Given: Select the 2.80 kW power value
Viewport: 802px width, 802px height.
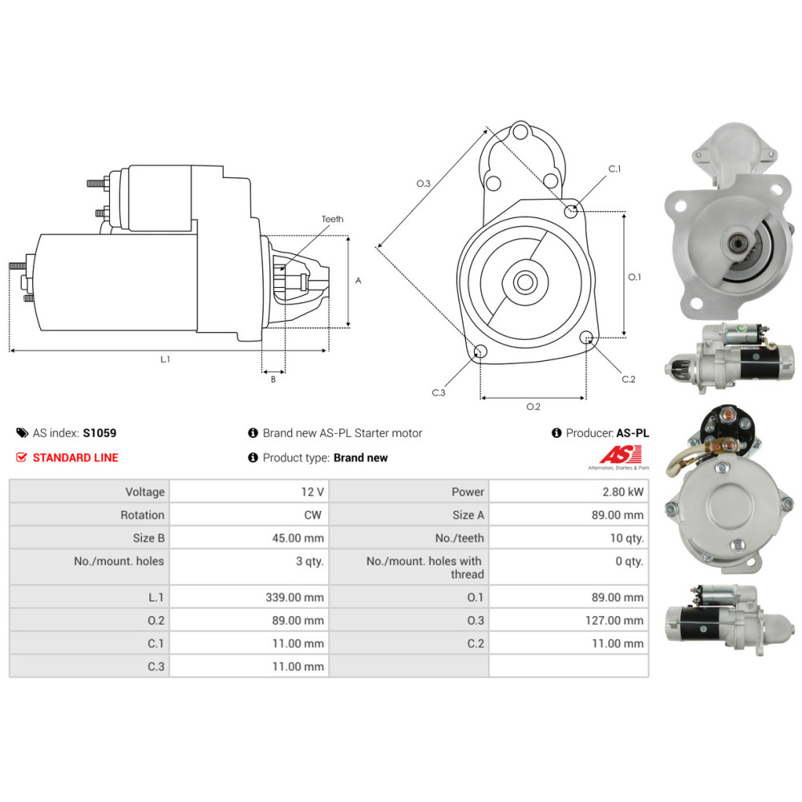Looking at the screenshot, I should (626, 492).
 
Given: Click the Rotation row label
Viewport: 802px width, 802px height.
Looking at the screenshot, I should (142, 515).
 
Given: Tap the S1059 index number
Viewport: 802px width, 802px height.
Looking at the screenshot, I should (99, 433).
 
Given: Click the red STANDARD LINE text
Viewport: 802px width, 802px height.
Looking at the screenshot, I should (75, 458).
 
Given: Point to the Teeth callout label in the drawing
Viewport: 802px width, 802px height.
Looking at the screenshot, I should (332, 219).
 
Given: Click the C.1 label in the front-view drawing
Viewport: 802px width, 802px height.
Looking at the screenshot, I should (614, 169).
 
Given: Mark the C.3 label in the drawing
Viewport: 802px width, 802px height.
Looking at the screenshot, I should (438, 392).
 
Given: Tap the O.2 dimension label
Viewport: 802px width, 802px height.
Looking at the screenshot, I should (533, 407).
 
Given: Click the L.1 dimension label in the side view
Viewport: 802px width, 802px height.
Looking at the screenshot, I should (165, 359).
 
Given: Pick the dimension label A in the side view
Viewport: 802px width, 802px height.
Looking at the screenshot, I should (358, 281).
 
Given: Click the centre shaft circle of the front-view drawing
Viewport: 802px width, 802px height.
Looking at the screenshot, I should (525, 282).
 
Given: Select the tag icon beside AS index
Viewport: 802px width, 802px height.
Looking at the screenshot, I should (22, 433).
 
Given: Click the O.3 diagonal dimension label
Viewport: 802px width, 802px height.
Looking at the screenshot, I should (423, 184).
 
